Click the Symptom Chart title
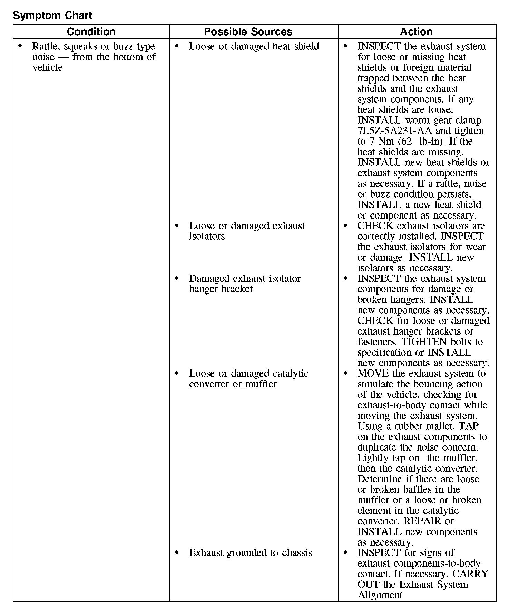tap(52, 15)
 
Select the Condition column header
tap(91, 32)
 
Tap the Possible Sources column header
tap(248, 32)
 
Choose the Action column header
tap(416, 32)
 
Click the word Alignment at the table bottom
tap(380, 595)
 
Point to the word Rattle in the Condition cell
tap(47, 46)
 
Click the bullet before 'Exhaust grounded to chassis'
tap(177, 553)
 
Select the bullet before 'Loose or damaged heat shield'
tap(177, 46)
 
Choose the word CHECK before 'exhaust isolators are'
tap(375, 226)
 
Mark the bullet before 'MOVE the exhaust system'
tap(346, 374)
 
